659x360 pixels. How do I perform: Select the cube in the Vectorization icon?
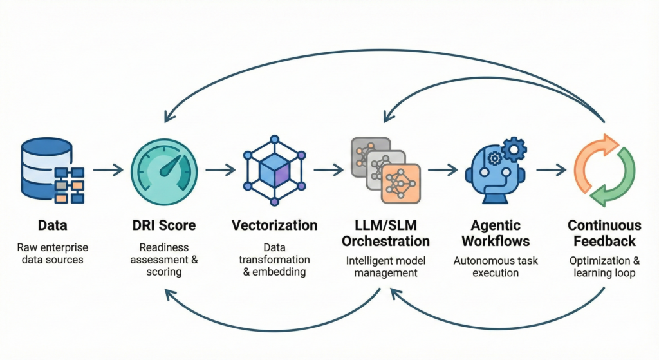pos(274,170)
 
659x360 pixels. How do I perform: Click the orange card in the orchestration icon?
pos(400,183)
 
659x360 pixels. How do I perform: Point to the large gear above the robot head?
pos(512,151)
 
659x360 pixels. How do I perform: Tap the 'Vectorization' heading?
pos(274,226)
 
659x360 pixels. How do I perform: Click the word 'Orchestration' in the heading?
pos(385,242)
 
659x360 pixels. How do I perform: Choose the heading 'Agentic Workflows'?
pos(495,234)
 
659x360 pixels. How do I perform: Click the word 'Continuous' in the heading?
pos(604,225)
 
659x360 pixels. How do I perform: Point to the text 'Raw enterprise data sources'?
pos(53,254)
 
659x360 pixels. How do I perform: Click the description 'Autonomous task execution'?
pos(495,267)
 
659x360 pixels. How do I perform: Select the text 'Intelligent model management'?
pos(385,267)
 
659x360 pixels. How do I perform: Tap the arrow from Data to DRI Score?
pos(107,170)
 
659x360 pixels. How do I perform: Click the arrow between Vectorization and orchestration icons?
pos(328,170)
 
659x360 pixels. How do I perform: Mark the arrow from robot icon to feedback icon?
pos(550,170)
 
